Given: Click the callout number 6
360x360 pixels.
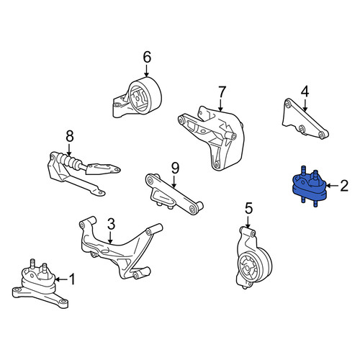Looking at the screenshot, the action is pyautogui.click(x=147, y=58).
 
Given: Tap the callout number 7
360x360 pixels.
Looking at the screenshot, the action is pyautogui.click(x=221, y=93).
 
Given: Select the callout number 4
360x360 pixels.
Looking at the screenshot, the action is pyautogui.click(x=305, y=92).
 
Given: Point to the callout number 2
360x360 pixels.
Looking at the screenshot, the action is pyautogui.click(x=344, y=186).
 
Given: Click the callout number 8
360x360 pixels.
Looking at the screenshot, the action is pyautogui.click(x=69, y=136).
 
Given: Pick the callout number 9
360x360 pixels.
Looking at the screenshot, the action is pyautogui.click(x=175, y=168).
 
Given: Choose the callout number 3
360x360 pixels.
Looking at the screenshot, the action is pyautogui.click(x=111, y=225).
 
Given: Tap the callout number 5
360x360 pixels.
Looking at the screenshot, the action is pyautogui.click(x=248, y=209).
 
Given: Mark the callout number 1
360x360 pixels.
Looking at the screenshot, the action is pyautogui.click(x=72, y=279).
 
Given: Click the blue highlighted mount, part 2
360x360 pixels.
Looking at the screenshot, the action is pyautogui.click(x=309, y=188).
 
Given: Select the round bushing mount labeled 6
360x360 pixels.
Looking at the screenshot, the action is pyautogui.click(x=138, y=97).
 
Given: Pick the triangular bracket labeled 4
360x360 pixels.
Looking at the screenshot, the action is pyautogui.click(x=304, y=120).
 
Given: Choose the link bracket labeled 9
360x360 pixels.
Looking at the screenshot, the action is pyautogui.click(x=174, y=194).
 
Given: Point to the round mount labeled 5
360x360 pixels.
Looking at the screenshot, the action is pyautogui.click(x=253, y=261).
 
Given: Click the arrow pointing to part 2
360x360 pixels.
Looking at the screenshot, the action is pyautogui.click(x=332, y=186).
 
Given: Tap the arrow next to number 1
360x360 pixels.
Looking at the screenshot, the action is pyautogui.click(x=61, y=279).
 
